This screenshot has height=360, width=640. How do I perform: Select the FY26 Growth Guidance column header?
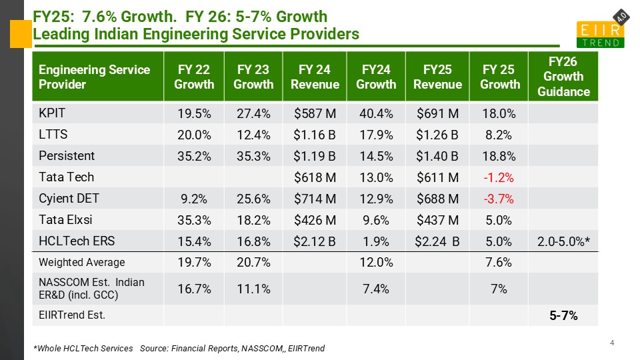564,77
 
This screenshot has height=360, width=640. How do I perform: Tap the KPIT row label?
53,113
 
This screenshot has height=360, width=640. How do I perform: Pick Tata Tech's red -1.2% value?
499,177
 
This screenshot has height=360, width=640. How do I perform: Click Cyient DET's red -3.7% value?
499,199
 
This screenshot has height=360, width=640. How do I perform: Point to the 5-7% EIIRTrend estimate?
563,315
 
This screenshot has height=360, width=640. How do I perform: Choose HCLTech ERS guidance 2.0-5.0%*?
564,241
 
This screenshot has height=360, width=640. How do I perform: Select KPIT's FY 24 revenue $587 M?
314,113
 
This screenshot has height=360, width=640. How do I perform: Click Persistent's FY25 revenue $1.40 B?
437,156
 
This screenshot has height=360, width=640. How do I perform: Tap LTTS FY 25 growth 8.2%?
499,135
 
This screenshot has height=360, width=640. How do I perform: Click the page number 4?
612,343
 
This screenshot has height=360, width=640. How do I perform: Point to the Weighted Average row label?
81,262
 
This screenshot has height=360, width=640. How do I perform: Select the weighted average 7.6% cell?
499,263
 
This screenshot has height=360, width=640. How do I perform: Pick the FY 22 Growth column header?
193,77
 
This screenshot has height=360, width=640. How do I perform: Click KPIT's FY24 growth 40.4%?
375,113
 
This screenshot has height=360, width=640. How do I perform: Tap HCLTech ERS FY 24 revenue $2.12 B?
314,241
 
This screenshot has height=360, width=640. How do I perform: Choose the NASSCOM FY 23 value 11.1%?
253,288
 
